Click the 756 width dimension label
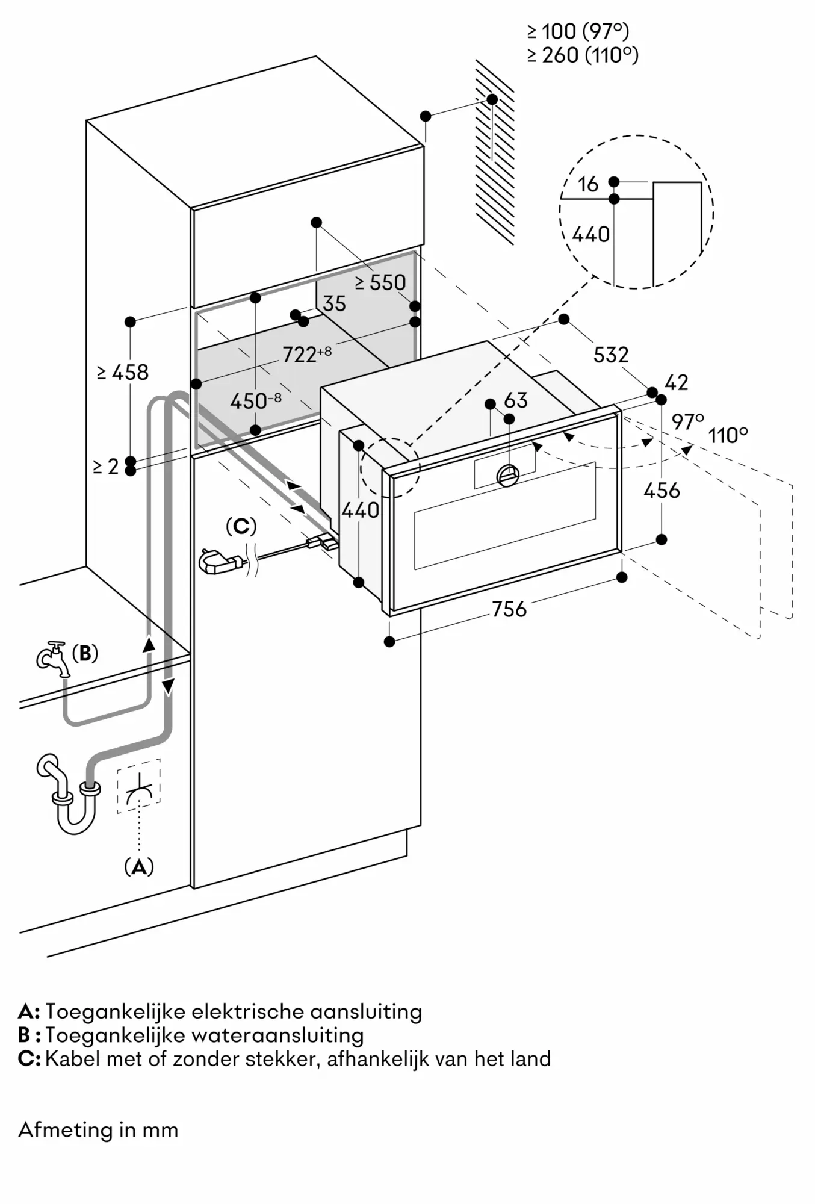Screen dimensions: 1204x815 coord(509,609)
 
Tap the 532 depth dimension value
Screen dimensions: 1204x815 coord(611,355)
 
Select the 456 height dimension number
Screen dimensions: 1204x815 coord(662,491)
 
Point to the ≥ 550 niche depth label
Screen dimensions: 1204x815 coord(380,282)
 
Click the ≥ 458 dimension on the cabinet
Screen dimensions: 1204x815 coord(123,373)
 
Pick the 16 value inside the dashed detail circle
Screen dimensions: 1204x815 coord(588,184)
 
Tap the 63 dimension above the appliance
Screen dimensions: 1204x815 coord(516,400)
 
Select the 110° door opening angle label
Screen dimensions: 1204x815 coord(728,435)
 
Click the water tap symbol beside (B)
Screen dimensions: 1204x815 coord(52,658)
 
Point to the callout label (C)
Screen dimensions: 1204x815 coord(241,526)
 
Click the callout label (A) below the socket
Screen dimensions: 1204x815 coord(139,867)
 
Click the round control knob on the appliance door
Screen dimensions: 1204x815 coord(508,476)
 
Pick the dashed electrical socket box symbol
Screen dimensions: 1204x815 coord(139,786)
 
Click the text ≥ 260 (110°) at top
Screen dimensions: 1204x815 coord(583,55)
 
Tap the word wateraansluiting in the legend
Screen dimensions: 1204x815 coord(277,1035)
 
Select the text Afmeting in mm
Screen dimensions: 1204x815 coord(98,1129)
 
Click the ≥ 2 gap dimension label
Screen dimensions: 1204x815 coord(107,466)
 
